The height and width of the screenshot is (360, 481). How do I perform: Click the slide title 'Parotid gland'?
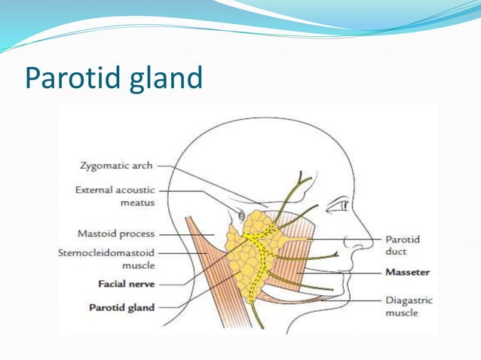(x=113, y=78)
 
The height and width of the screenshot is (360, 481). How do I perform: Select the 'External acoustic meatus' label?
(x=115, y=196)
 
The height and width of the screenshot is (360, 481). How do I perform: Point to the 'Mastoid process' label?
(x=117, y=233)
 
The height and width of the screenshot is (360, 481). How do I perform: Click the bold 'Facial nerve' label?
(x=127, y=285)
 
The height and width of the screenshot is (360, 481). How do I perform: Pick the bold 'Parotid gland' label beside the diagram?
(x=121, y=307)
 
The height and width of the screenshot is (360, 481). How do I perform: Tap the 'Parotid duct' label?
(x=403, y=245)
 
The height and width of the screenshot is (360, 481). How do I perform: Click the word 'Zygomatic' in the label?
(x=106, y=166)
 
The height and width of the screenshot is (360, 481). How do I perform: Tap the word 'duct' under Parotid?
(x=397, y=251)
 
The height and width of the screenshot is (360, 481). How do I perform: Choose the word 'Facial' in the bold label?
(x=112, y=285)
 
